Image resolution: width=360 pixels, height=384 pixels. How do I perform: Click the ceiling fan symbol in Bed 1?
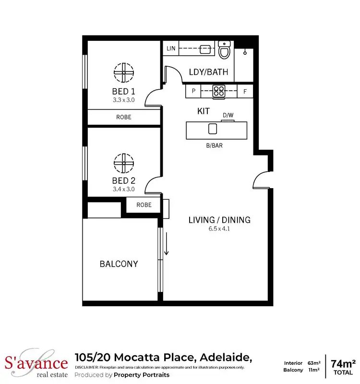click(123, 72)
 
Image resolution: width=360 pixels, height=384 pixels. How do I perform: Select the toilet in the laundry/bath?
click(224, 49)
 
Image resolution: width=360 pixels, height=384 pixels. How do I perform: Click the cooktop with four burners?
click(219, 91)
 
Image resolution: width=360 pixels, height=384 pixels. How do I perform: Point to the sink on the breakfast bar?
click(212, 129)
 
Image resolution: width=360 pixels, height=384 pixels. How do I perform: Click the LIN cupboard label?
click(170, 49)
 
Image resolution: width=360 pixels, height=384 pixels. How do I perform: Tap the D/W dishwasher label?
click(228, 116)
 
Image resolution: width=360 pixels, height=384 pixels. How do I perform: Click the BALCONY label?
click(119, 264)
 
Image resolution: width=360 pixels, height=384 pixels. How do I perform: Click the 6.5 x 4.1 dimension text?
click(219, 229)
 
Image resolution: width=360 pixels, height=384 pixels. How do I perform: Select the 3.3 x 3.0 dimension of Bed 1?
click(123, 100)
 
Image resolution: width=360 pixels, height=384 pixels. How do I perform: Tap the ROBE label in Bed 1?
click(123, 117)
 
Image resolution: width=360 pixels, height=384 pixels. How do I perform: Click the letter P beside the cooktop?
click(193, 91)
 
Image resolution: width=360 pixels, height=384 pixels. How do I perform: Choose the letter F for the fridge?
click(245, 91)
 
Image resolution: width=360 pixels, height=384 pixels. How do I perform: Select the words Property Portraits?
click(142, 375)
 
